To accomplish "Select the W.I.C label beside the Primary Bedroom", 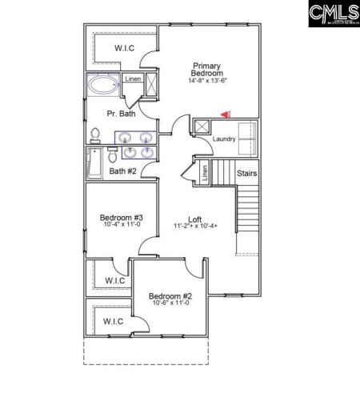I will (124, 49).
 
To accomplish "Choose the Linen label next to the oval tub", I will (133, 78).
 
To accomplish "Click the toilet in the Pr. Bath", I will (94, 135).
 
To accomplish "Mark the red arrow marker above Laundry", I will (226, 115).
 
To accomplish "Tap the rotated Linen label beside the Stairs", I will (206, 172).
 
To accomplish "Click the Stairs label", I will (246, 171).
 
